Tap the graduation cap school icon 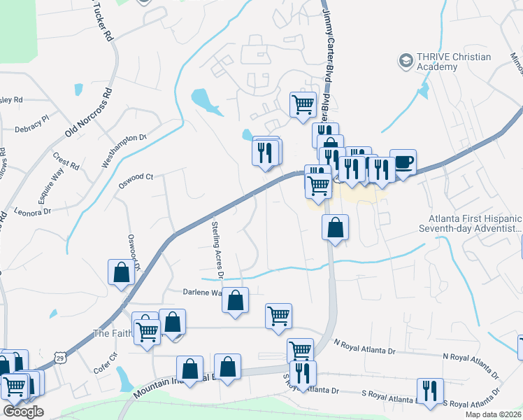pyautogui.click(x=405, y=61)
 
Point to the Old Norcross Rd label pyautogui.click(x=89, y=111)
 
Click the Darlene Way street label pyautogui.click(x=203, y=292)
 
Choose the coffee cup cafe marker pyautogui.click(x=403, y=162)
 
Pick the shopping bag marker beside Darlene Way pyautogui.click(x=236, y=300)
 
